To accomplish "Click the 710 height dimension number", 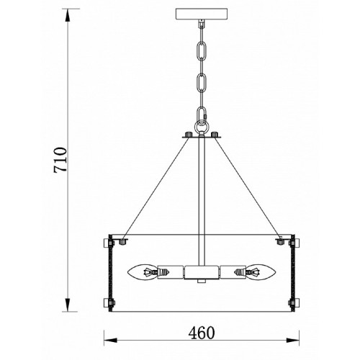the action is [x=60, y=160].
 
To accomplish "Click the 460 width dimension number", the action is [x=202, y=333].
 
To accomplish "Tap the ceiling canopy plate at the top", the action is [x=202, y=14].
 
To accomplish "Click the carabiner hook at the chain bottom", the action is [x=202, y=115].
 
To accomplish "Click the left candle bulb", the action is [x=143, y=273].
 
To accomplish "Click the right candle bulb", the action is [x=261, y=273].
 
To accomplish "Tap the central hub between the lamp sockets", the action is [x=202, y=273].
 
